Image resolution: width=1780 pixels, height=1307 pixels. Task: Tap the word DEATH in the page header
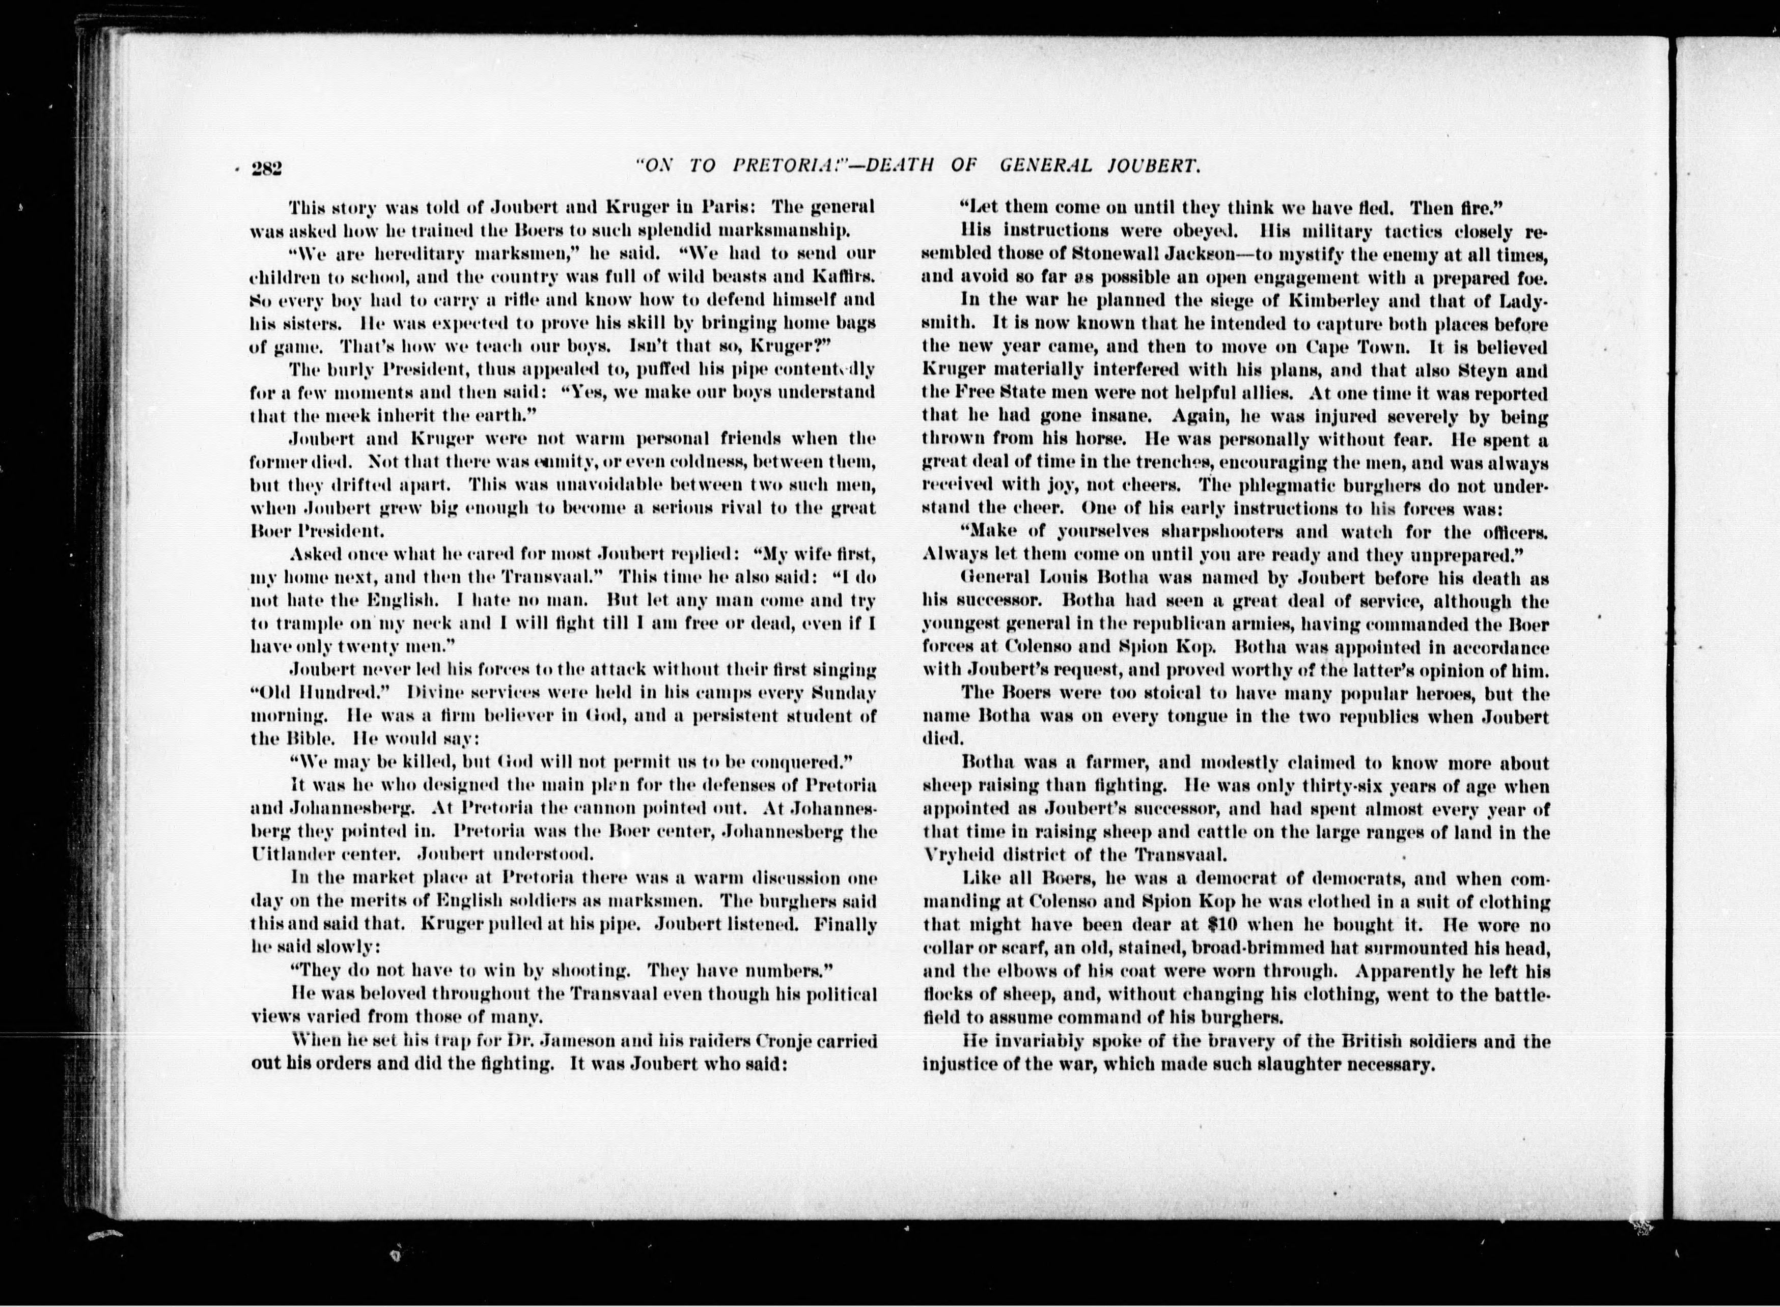[896, 165]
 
